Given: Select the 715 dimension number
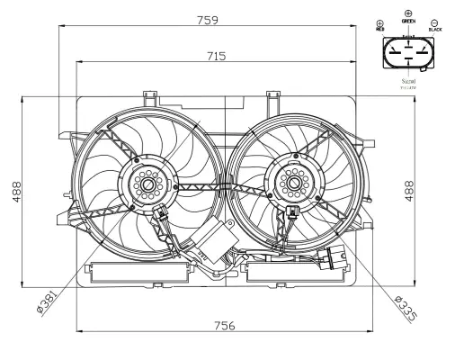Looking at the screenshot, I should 216,56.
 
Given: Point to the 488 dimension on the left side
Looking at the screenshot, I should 18,192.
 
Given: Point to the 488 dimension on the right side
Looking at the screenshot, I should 409,192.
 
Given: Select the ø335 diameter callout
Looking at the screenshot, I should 406,307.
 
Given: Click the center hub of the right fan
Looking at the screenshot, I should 291,183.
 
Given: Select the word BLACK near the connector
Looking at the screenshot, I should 436,30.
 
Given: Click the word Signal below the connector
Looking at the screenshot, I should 409,81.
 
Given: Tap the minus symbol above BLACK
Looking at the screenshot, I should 435,22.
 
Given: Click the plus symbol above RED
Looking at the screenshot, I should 379,22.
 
